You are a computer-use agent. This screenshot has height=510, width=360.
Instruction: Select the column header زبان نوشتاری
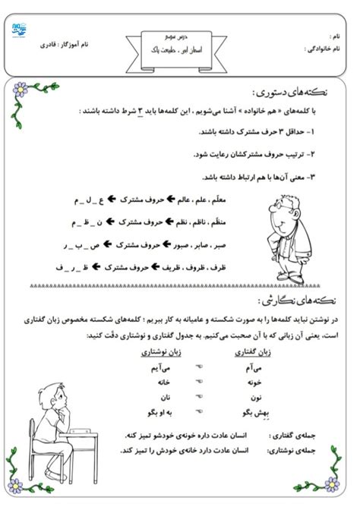159,352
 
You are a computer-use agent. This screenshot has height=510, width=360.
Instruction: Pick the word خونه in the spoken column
254,384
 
